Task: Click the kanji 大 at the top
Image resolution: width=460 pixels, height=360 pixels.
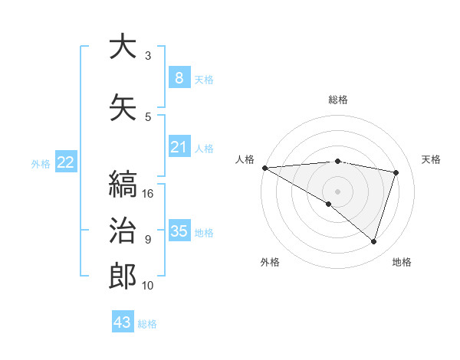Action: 123,47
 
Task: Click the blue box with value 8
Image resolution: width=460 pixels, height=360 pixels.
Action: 179,78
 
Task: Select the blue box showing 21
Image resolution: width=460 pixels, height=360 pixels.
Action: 179,147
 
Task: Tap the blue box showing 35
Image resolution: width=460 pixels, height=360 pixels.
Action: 179,231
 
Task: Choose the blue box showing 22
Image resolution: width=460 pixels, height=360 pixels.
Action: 66,162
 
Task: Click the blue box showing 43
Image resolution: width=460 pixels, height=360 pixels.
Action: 123,322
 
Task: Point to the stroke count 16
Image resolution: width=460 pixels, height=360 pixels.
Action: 149,194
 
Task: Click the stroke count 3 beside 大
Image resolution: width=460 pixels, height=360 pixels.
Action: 148,56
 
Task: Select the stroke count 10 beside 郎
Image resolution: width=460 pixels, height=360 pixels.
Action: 149,286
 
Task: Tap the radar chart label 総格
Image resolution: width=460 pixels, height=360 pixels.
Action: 338,100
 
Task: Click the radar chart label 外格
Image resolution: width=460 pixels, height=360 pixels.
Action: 270,262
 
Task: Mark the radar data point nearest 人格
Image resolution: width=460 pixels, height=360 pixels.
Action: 264,168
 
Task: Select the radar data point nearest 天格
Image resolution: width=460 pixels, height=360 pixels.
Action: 396,172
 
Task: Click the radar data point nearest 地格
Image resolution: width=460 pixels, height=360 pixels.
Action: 374,242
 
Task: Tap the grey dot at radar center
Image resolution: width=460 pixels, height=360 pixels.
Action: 337,190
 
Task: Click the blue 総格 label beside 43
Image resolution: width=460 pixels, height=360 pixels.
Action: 148,324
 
